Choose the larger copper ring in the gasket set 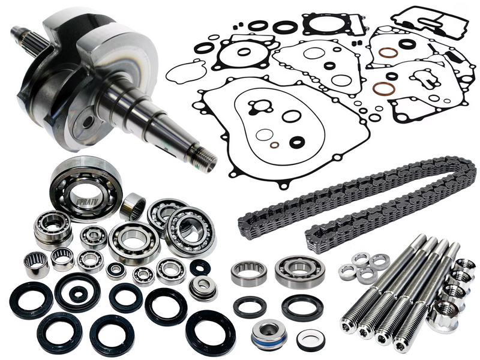click(x=384, y=89)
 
